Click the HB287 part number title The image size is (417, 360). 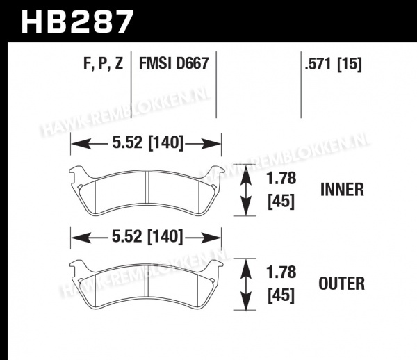click(77, 22)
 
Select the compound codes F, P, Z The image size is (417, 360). click(104, 64)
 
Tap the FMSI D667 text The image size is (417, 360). click(174, 63)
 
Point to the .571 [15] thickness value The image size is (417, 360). click(333, 64)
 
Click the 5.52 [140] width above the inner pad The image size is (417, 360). click(148, 142)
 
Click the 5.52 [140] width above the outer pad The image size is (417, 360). click(148, 236)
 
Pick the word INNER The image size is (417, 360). click(342, 190)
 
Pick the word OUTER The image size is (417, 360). click(342, 284)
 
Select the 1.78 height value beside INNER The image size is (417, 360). click(281, 178)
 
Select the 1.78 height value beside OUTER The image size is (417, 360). click(281, 272)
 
